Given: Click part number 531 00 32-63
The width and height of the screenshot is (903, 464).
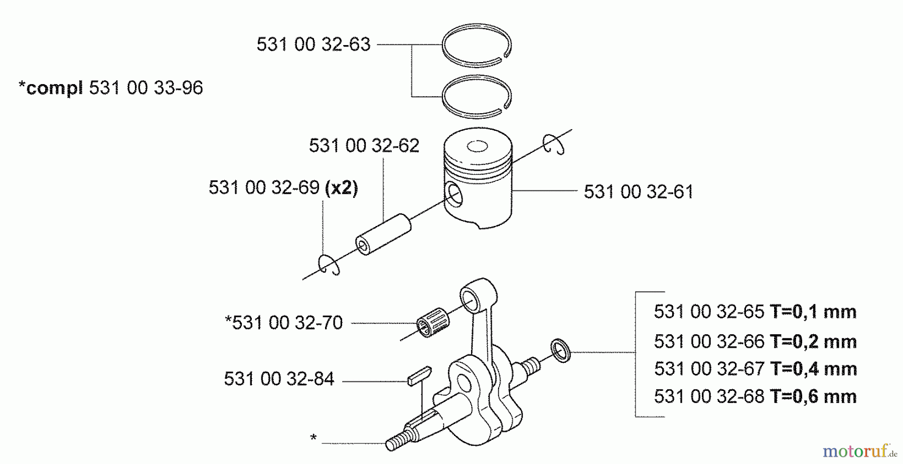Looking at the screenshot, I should click(x=313, y=45).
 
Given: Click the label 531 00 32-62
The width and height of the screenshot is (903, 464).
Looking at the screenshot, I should click(x=364, y=146).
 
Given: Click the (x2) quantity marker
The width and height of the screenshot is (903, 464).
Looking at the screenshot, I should click(x=342, y=187).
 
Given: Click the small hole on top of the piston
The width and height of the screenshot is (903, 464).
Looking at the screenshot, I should click(x=477, y=147).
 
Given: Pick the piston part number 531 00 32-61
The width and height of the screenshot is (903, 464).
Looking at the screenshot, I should click(x=638, y=192).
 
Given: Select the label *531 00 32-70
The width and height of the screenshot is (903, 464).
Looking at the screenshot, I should click(x=284, y=323).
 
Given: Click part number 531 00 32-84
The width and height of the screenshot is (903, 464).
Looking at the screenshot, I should click(x=279, y=379).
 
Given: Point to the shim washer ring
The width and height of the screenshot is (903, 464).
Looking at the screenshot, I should click(x=560, y=350).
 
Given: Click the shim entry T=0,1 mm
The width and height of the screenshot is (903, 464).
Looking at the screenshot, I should click(x=755, y=312).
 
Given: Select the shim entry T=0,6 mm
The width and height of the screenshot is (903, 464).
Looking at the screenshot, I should click(x=755, y=397).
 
